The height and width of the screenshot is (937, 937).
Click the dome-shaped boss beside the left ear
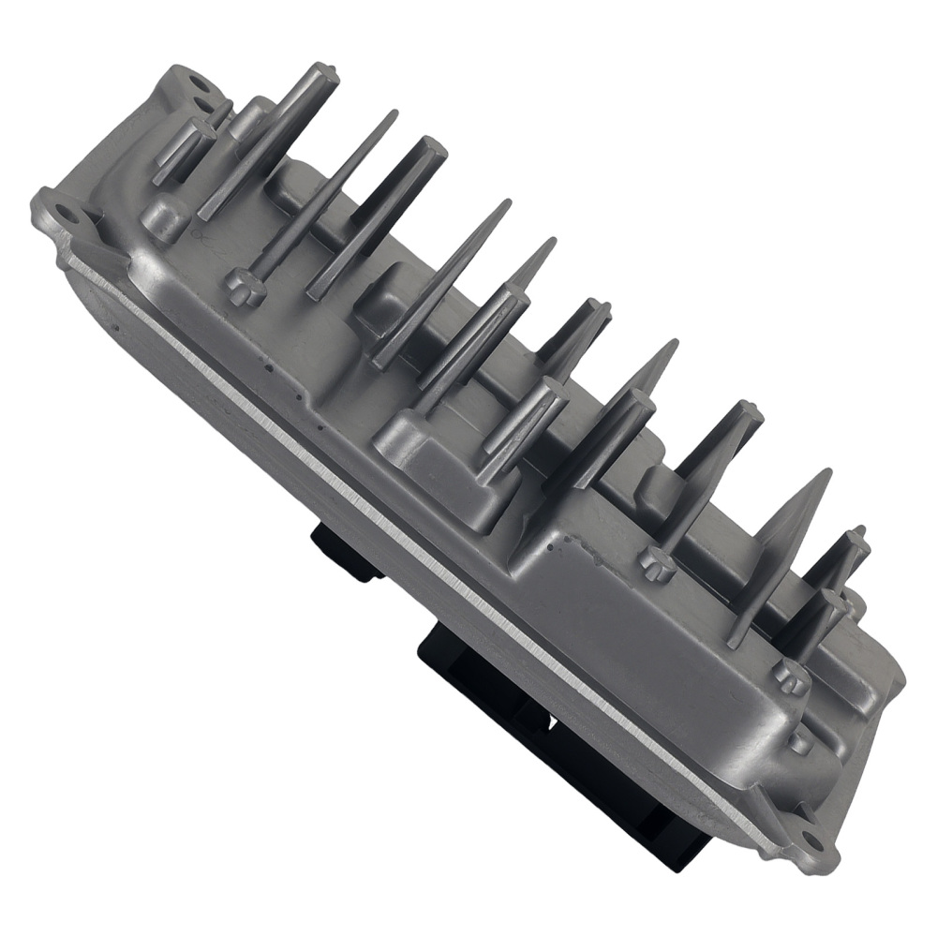tap(165, 217)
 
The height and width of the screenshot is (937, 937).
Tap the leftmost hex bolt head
tap(245, 287)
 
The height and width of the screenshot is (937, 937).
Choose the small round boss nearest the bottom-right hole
tap(799, 740)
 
